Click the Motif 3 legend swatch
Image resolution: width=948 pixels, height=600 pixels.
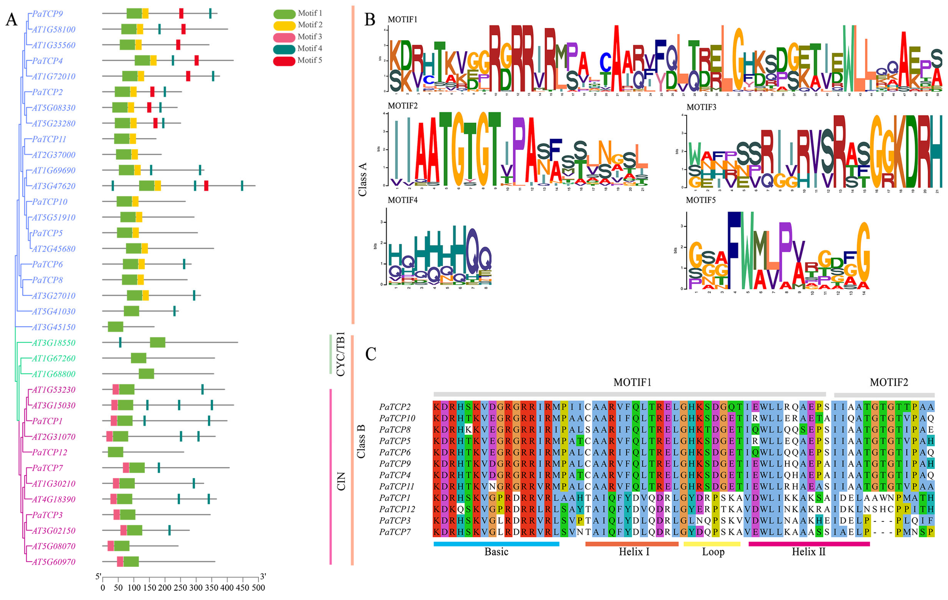coord(284,37)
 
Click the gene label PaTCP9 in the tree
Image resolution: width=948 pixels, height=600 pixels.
coord(47,14)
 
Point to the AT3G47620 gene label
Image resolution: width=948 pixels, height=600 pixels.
coord(53,186)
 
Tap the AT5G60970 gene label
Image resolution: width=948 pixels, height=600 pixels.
coord(53,562)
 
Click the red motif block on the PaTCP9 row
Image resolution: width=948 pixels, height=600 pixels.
coord(181,13)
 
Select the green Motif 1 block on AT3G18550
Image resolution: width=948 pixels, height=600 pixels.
coord(157,343)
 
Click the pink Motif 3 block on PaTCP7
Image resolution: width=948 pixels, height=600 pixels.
coord(126,468)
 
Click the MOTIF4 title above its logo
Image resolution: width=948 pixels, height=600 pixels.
coord(402,200)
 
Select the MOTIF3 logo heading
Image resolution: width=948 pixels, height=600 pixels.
coord(701,107)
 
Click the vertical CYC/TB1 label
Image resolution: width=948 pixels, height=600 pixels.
coord(341,354)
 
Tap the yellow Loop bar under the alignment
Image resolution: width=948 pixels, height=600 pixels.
coord(712,544)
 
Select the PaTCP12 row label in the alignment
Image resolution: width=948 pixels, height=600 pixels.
coord(397,509)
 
